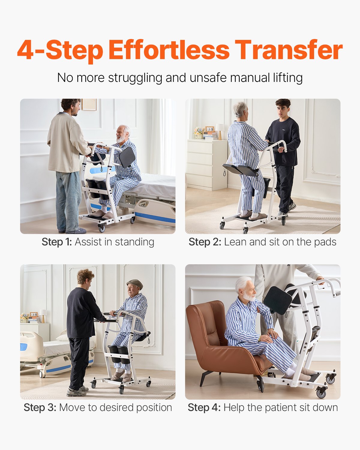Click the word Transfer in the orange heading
click(x=288, y=50)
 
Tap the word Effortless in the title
click(x=169, y=50)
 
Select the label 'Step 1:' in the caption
click(x=57, y=242)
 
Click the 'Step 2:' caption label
click(x=205, y=242)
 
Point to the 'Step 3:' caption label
click(x=40, y=407)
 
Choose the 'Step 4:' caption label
click(x=204, y=407)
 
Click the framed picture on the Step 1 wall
click(x=89, y=104)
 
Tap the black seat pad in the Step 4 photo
click(x=277, y=300)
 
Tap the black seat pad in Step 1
click(x=127, y=157)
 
